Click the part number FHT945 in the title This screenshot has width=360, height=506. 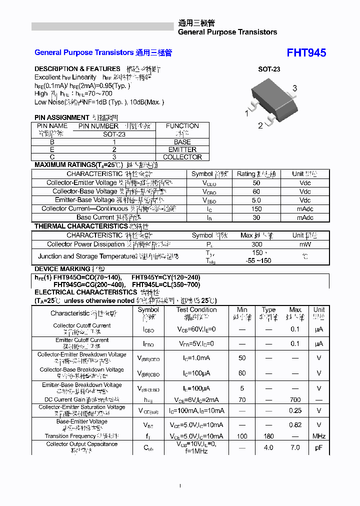pos(306,53)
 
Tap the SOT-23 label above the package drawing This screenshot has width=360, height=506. pos(269,69)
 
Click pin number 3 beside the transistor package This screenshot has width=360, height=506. pos(295,88)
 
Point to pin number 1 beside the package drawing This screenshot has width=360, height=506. pos(246,113)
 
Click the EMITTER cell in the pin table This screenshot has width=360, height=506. pos(182,149)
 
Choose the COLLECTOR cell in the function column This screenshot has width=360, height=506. pos(182,157)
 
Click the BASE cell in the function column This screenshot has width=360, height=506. pos(182,142)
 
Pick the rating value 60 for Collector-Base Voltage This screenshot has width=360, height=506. pos(256,191)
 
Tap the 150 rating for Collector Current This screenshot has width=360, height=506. pos(256,209)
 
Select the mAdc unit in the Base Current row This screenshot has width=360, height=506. pos(305,217)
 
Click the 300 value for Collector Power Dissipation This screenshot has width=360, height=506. pos(257,244)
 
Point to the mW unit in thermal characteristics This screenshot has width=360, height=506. pos(305,244)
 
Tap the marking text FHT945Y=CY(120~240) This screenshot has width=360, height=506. pos(165,277)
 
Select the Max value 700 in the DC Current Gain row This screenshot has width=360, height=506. pos(295,400)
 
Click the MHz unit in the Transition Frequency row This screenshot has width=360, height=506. pos(319,436)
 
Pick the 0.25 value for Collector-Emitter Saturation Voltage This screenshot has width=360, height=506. pos(295,410)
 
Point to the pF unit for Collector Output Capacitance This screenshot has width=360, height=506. pos(318,447)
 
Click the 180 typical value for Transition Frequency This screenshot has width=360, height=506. pos(269,436)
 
